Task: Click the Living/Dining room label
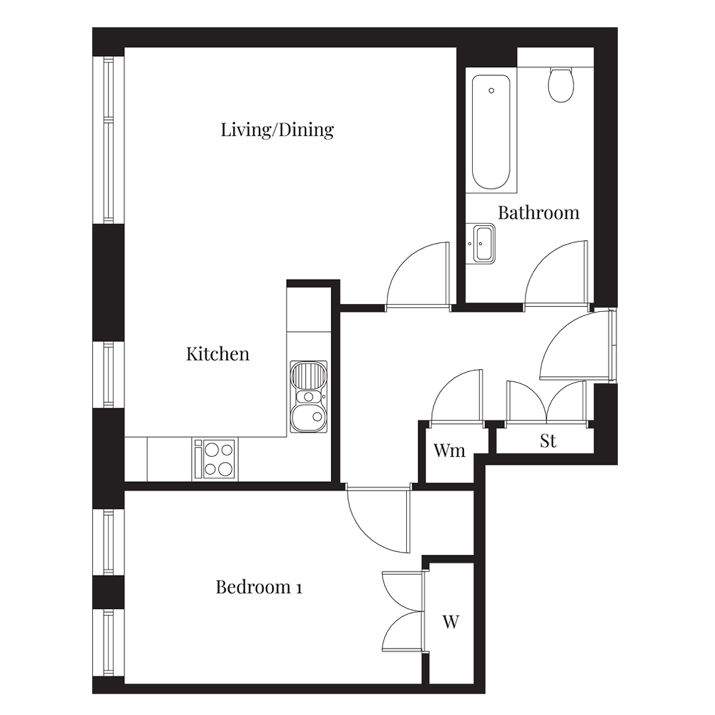point(277,130)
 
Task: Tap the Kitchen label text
point(218,354)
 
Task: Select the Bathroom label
point(539,213)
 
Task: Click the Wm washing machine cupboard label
point(449,451)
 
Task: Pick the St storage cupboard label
point(548,441)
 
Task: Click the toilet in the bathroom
point(561,85)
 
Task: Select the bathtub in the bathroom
point(491,132)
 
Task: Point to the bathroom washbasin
point(480,244)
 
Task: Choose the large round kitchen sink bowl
point(309,418)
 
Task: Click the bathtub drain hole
point(492,91)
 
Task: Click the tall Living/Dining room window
point(108,140)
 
